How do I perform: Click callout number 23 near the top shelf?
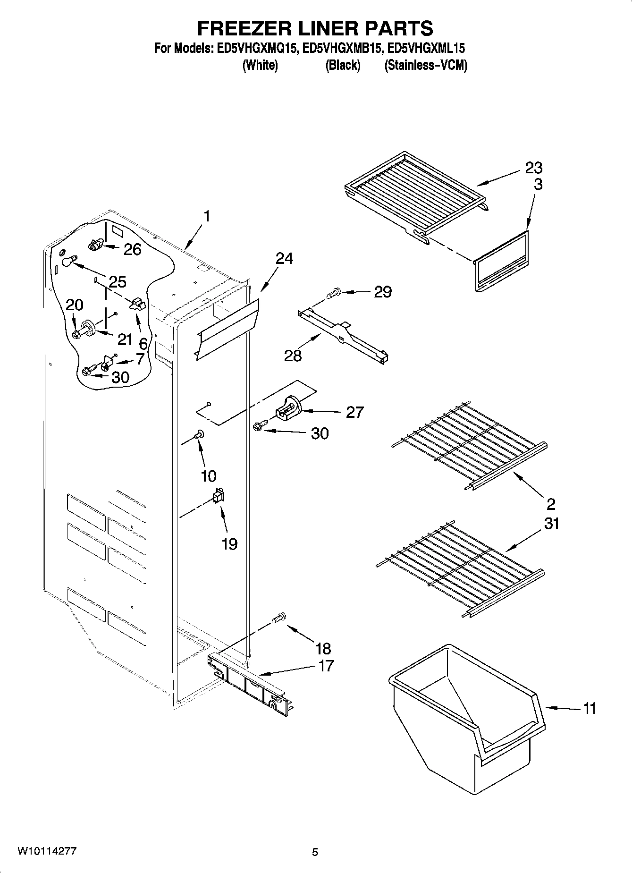point(534,168)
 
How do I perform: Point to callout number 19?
point(229,544)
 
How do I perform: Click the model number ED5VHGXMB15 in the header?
point(341,48)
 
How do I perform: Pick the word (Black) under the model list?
point(343,65)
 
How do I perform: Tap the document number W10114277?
point(47,851)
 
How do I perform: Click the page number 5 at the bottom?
point(315,852)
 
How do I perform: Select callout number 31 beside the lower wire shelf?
point(551,524)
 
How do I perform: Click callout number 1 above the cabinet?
point(207,216)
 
